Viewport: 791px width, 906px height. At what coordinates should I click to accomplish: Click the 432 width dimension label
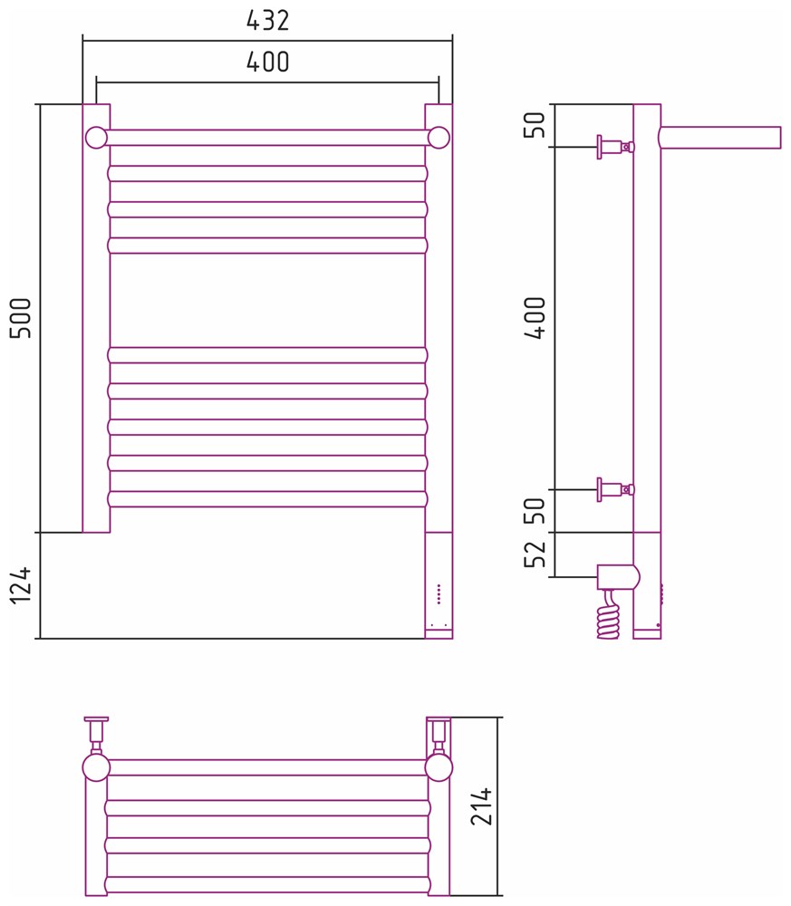coord(267,21)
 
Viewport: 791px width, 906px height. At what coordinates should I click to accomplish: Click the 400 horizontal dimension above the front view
coord(267,62)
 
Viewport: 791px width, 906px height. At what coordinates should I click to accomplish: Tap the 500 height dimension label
coord(22,318)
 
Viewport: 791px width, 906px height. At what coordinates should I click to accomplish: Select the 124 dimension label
coord(22,585)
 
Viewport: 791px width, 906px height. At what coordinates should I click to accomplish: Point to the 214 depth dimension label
coord(481,805)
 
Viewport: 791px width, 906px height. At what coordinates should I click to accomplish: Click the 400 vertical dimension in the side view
coord(535,318)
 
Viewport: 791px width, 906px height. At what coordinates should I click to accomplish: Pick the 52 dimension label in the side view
coord(535,554)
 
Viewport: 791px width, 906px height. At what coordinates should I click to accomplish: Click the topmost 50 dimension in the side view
coord(535,125)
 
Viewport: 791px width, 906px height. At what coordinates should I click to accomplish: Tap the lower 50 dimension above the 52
coord(535,510)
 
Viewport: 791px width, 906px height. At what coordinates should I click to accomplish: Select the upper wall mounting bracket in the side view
coord(616,147)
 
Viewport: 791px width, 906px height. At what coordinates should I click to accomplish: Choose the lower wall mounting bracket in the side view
coord(616,489)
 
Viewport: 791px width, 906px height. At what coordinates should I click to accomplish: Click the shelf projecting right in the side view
coord(720,138)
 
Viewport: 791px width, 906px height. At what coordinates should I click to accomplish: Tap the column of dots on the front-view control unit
coord(439,594)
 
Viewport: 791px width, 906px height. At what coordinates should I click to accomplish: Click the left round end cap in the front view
coord(96,138)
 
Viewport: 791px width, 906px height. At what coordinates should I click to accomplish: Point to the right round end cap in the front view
coord(439,138)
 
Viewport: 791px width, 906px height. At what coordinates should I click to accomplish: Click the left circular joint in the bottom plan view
coord(96,768)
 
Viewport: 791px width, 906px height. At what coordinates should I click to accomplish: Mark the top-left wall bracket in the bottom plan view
coord(96,730)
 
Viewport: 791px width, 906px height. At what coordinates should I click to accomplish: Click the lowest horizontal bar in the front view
coord(267,498)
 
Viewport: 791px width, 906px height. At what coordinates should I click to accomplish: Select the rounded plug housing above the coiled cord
coord(618,576)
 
